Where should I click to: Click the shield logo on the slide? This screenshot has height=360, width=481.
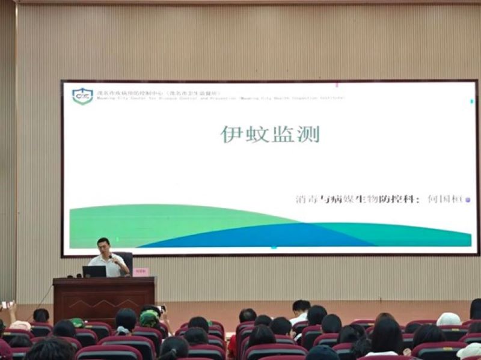coord(82,96)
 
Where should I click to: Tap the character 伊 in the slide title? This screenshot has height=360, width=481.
coord(231,134)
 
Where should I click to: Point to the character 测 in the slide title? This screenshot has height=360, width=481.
coord(308,134)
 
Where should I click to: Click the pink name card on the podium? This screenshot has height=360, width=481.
coord(140,272)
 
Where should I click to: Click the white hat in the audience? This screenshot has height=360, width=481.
coord(448,319)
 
